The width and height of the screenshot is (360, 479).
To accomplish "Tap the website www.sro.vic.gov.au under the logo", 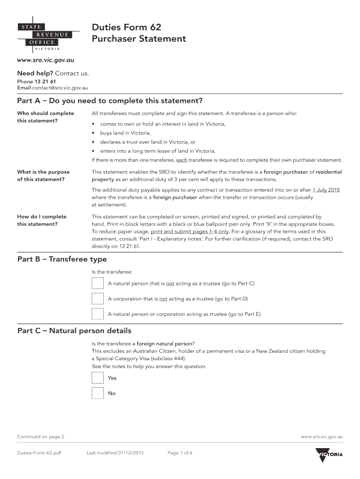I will pyautogui.click(x=46, y=60).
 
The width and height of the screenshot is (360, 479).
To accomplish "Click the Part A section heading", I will pyautogui.click(x=110, y=101).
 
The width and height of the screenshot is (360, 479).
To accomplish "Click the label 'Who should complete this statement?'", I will pyautogui.click(x=45, y=117).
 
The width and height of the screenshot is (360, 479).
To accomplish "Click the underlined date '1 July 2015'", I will pyautogui.click(x=326, y=190).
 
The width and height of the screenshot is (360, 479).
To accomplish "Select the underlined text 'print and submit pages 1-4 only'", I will pyautogui.click(x=190, y=232).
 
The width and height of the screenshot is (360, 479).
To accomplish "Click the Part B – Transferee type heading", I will pyautogui.click(x=62, y=259).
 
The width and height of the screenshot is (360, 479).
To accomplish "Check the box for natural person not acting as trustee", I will pyautogui.click(x=98, y=283).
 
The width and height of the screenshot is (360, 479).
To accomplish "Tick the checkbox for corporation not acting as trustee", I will pyautogui.click(x=98, y=298).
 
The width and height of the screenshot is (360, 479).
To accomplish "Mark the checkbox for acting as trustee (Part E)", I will pyautogui.click(x=98, y=314).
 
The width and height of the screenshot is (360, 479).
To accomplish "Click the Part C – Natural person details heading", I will pyautogui.click(x=74, y=331).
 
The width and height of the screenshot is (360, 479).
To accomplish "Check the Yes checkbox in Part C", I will pyautogui.click(x=98, y=378).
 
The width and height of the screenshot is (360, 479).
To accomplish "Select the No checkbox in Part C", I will pyautogui.click(x=98, y=393).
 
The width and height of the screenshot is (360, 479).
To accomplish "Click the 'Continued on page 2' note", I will pyautogui.click(x=41, y=437).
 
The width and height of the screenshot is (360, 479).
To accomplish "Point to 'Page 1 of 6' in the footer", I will pyautogui.click(x=180, y=453).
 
